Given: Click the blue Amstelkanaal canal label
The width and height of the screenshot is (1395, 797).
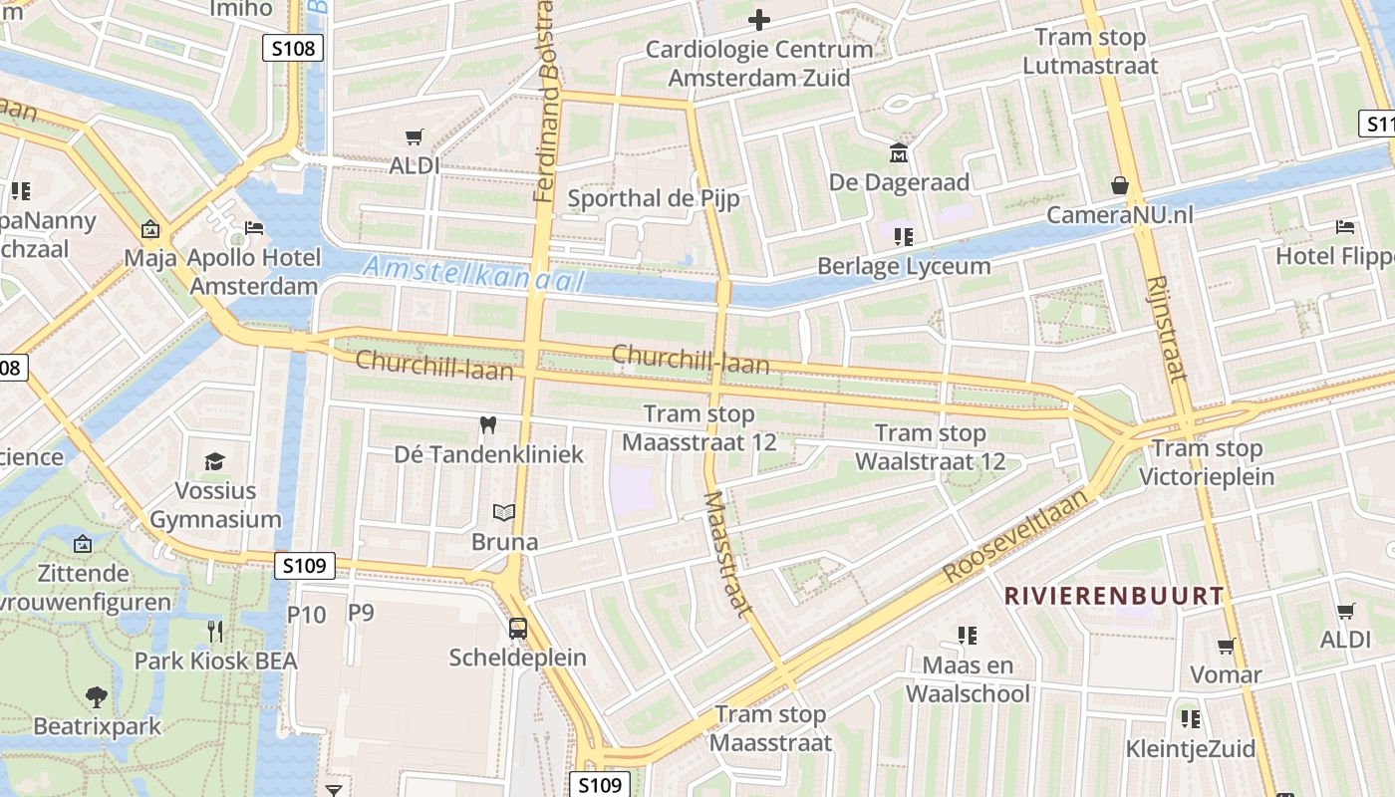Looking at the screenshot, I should point(473,273).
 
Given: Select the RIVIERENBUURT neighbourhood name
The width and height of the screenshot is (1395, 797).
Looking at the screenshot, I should point(1113,596).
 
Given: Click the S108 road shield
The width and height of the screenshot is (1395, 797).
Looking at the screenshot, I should point(293,47).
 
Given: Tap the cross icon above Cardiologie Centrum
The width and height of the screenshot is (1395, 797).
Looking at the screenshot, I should point(759,19).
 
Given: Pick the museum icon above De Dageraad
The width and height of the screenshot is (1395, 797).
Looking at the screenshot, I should point(899,153).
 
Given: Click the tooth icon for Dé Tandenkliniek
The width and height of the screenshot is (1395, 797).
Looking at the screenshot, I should point(487,425).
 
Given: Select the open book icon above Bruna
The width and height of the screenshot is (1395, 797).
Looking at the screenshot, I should point(505,513).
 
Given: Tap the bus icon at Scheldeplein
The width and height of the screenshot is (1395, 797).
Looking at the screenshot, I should point(518,629).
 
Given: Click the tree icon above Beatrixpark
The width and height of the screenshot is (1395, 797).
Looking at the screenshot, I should point(97,696).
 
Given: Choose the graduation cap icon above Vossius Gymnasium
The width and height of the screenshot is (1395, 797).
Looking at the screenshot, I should point(215,461).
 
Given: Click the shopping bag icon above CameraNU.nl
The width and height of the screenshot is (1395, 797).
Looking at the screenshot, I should point(1120,185).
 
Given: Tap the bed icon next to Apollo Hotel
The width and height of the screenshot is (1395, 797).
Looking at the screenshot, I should point(253,228).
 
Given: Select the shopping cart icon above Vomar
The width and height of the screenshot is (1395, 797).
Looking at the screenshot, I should point(1226,646).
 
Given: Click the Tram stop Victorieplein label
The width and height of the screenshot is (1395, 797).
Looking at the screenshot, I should point(1207,462).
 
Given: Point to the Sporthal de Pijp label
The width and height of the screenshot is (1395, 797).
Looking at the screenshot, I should point(653,198).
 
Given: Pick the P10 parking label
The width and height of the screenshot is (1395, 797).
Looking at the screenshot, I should point(306,615).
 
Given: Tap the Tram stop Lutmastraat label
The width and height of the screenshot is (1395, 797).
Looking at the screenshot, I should point(1090,52).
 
